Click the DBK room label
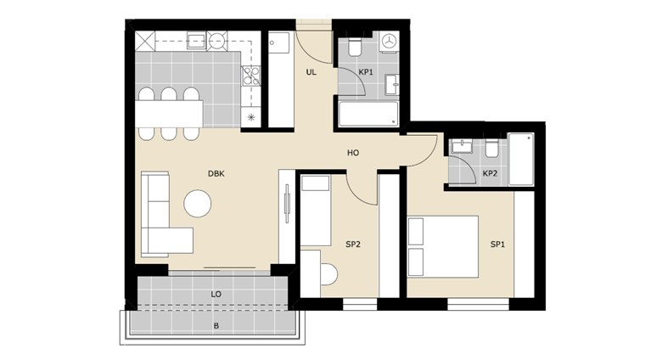[216, 174]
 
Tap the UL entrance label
[311, 72]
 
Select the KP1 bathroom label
[366, 72]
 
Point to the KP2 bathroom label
[490, 174]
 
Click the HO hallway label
[353, 153]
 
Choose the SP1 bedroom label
[497, 245]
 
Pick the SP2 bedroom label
[353, 245]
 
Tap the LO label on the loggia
[216, 294]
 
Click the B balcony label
[216, 326]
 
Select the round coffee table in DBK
[198, 204]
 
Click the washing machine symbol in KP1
[389, 42]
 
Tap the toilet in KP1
[355, 48]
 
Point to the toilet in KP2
[491, 149]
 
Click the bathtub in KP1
[368, 114]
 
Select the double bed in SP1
[443, 247]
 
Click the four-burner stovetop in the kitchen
[250, 76]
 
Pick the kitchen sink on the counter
[196, 41]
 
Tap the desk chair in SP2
[329, 274]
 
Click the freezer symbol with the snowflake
[251, 117]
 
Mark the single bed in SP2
[316, 211]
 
